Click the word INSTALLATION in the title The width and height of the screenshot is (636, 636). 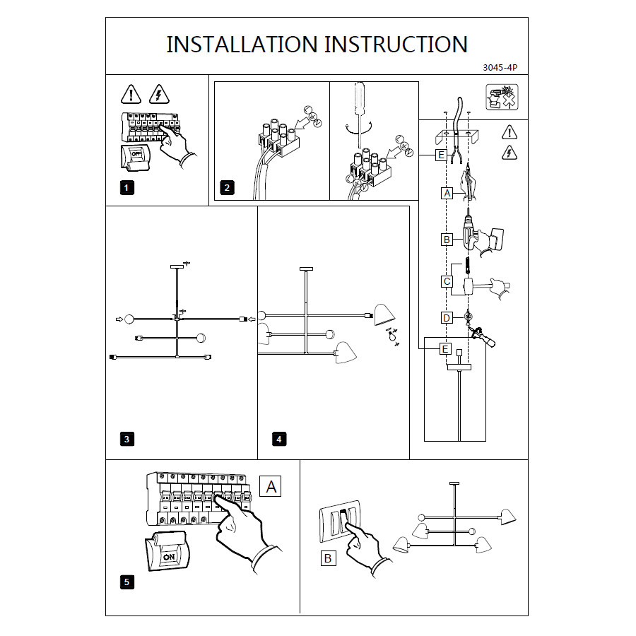pos(242,44)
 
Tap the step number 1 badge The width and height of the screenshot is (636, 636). pos(126,187)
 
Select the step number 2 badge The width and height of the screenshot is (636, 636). pos(226,187)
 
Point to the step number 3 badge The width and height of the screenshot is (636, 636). pos(126,439)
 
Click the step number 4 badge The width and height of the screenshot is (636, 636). pos(279,439)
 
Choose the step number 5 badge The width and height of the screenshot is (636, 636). pos(126,582)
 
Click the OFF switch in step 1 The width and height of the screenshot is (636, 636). pos(136,153)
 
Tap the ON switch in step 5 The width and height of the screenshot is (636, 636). pos(169,556)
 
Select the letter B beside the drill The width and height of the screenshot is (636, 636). pos(447,240)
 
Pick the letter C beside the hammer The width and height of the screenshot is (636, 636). pos(447,281)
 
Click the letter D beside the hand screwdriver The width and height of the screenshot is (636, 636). pos(447,318)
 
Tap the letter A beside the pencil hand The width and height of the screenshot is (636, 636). pos(447,192)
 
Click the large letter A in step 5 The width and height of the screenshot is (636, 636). pos(271,485)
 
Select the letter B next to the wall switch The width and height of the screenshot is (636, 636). pos(327,558)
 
